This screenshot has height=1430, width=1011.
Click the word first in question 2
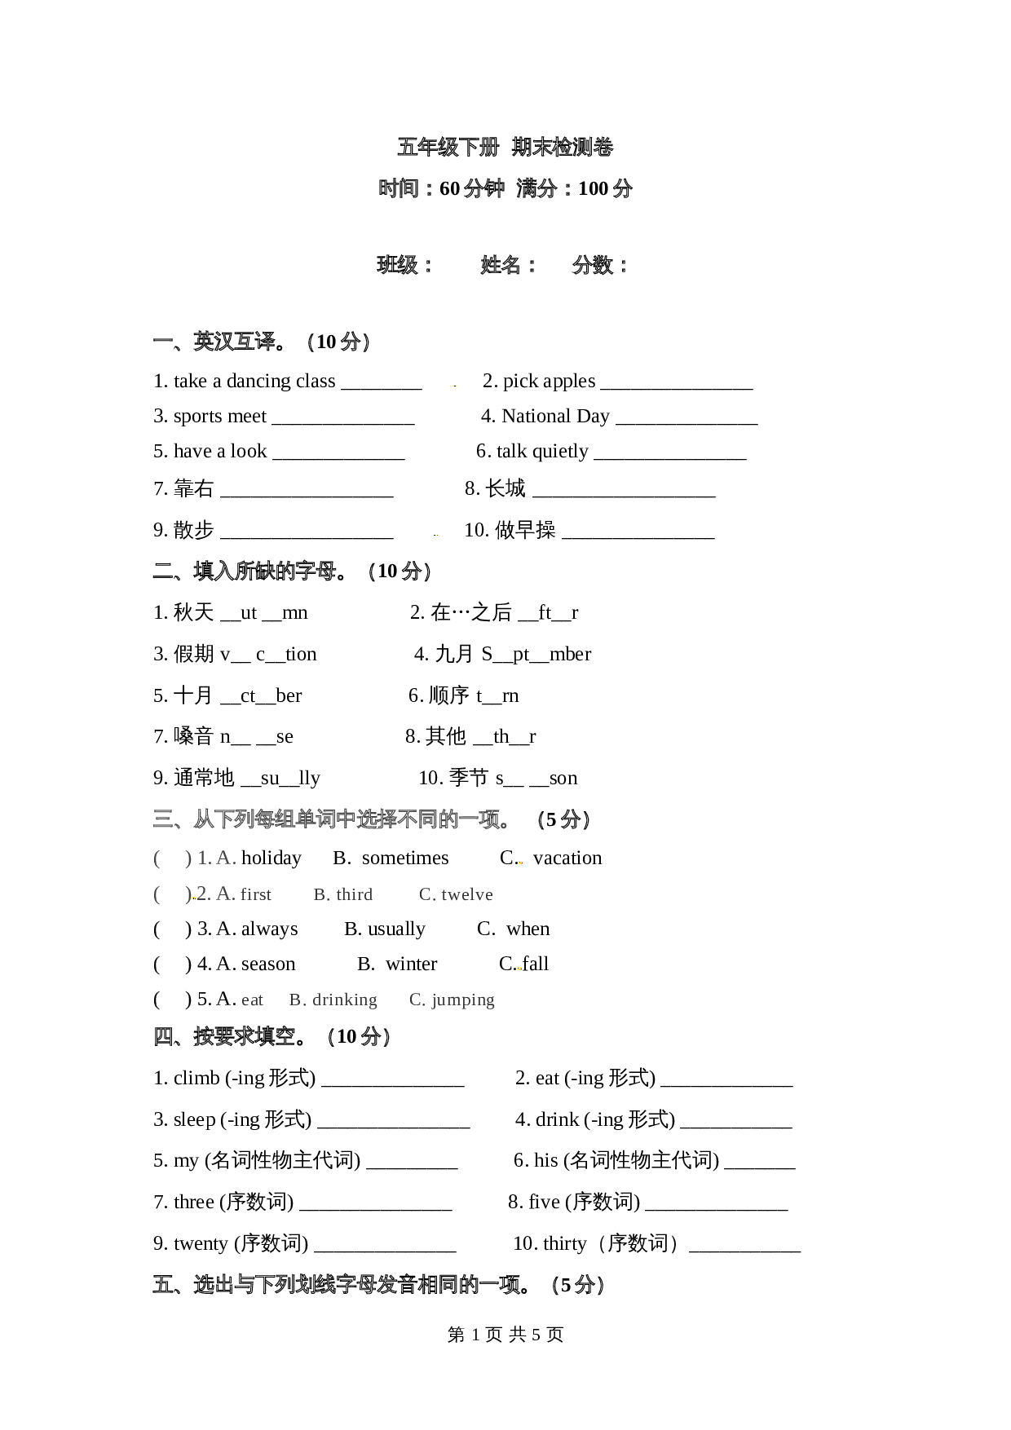tap(256, 894)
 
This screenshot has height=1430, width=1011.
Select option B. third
tap(343, 894)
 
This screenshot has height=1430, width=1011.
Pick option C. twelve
tap(457, 894)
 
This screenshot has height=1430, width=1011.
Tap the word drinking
tap(344, 1000)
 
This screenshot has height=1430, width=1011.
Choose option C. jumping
tap(453, 1000)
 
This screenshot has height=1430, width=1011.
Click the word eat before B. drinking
tap(252, 1000)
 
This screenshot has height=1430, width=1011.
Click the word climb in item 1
tap(196, 1078)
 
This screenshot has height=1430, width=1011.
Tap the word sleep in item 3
tap(194, 1119)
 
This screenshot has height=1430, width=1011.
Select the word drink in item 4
tap(558, 1119)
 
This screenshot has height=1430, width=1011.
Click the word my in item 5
tap(186, 1161)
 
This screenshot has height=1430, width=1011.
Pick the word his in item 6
tap(546, 1160)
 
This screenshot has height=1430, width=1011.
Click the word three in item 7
tap(194, 1202)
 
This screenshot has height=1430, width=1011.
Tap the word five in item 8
tap(544, 1202)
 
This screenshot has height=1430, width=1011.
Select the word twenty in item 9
tap(201, 1243)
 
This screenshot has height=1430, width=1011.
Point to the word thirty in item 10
tap(564, 1243)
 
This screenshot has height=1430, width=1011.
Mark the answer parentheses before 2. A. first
tap(172, 894)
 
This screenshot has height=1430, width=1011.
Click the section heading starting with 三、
tap(333, 819)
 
